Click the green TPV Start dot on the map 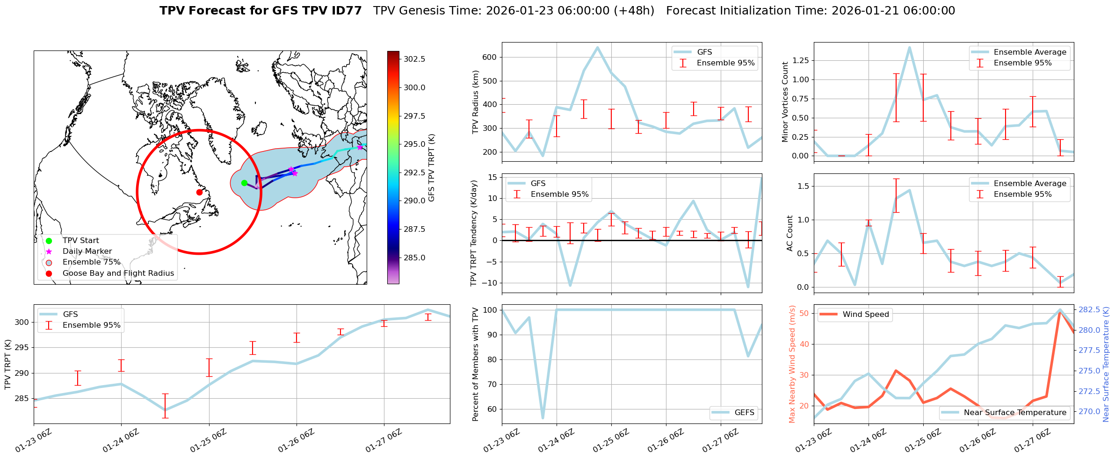244,183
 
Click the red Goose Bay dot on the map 199,192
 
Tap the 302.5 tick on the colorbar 414,59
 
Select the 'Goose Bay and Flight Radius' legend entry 118,273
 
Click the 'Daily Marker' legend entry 87,251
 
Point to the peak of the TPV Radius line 598,47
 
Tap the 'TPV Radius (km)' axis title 476,102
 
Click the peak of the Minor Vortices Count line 909,47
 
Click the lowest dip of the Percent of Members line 543,418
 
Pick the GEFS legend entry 744,412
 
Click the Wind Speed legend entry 865,314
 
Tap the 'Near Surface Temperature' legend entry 1015,412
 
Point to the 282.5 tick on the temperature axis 1089,310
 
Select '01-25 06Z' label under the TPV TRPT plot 208,442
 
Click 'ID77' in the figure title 346,11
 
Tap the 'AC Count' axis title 790,233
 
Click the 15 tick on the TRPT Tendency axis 492,177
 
